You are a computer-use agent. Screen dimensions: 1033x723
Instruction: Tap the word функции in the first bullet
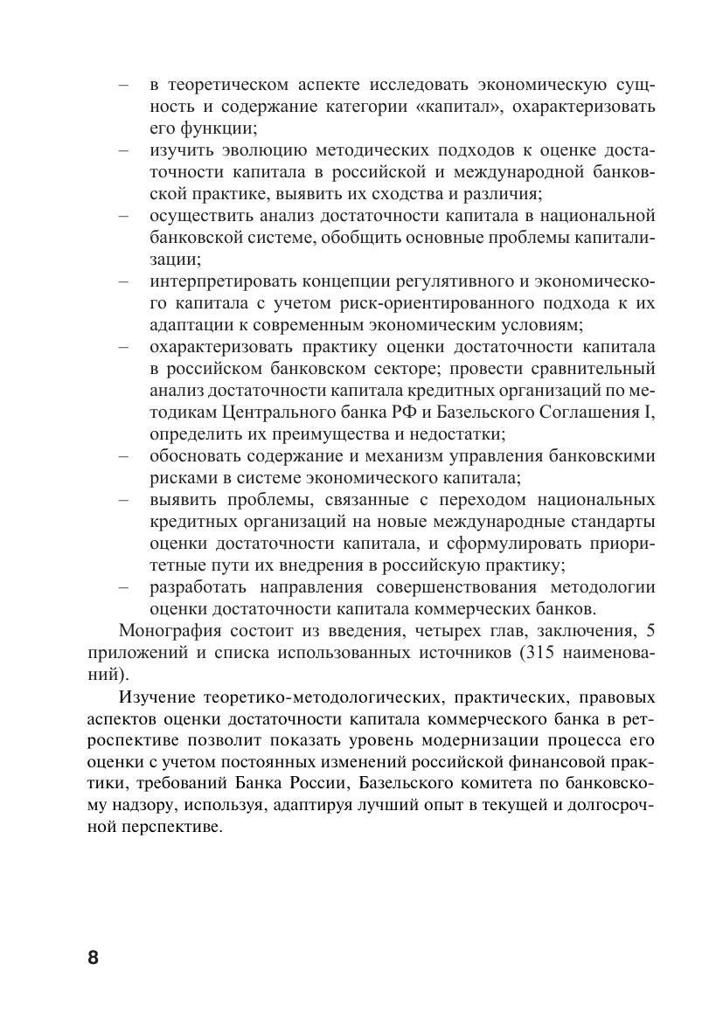click(223, 128)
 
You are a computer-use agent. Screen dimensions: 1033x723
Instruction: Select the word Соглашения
click(589, 413)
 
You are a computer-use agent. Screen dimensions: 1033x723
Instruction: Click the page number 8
click(94, 956)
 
